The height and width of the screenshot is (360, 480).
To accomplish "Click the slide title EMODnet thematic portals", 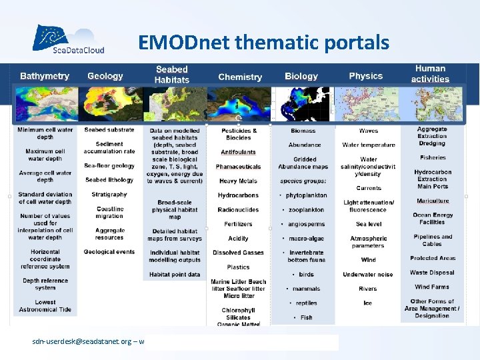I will [x=263, y=43].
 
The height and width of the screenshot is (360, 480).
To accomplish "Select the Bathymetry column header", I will [x=45, y=76].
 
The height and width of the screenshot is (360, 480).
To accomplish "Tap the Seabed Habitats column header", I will [x=172, y=74].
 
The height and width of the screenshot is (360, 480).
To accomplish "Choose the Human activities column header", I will [x=431, y=73].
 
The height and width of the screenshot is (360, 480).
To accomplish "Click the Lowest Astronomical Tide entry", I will [x=45, y=306].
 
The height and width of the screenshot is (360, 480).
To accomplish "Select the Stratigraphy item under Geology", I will [x=109, y=195].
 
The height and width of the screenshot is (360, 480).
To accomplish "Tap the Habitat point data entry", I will [x=175, y=275].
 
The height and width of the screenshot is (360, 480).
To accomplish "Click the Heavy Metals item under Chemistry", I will [x=238, y=181].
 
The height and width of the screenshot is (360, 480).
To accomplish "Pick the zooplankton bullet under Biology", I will [x=304, y=210].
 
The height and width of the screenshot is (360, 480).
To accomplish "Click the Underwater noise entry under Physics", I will [x=368, y=274].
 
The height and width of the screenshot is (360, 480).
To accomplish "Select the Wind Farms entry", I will [x=432, y=287].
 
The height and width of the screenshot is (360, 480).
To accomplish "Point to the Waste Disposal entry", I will [x=432, y=272].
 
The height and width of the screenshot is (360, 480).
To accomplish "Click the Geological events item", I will [x=109, y=252].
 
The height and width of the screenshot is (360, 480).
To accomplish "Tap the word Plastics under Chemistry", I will [x=238, y=267].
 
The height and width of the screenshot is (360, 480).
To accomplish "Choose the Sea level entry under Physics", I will [x=369, y=224].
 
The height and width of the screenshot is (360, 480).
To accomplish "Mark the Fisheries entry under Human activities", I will [x=433, y=158].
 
